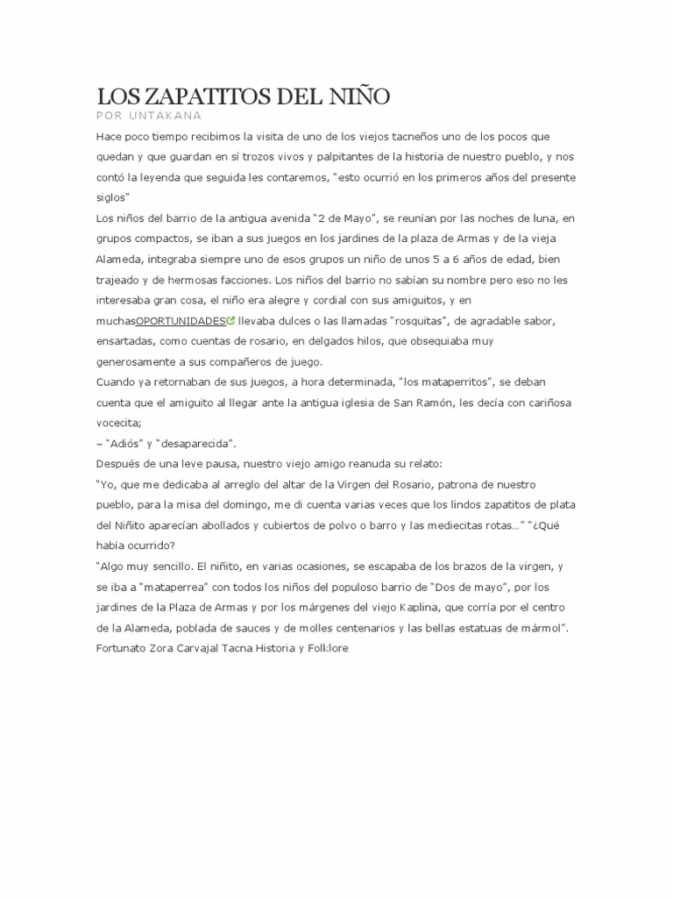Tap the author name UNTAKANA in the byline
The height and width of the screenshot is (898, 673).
tap(167, 116)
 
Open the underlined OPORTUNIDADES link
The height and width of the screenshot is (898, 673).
tap(181, 321)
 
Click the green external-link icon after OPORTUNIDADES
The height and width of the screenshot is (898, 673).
tap(230, 321)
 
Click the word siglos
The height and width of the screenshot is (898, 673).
tap(111, 197)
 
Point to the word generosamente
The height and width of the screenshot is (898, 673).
tap(141, 361)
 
